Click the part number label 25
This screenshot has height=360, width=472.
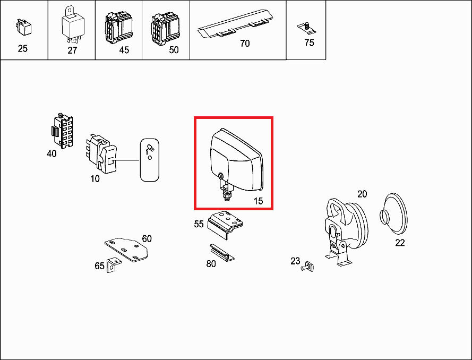point(23,48)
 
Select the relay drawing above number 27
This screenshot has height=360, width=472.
point(73,24)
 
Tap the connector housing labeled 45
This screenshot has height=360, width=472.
point(118,28)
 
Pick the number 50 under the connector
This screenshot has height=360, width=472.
point(174,50)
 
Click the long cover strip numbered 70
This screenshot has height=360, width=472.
point(235,23)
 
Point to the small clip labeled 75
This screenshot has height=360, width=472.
point(306,28)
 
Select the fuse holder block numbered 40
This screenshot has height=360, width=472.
point(62,131)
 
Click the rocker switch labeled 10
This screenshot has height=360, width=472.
point(101,154)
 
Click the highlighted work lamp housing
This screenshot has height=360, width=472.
point(236,160)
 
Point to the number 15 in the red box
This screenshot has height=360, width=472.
point(258,201)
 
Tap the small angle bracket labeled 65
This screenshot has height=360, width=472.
point(114,264)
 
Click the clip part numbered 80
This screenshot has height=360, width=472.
point(222,253)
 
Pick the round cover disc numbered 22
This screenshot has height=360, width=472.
point(393,213)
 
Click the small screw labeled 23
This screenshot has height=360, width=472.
point(307,267)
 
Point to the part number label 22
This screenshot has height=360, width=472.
point(400,243)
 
